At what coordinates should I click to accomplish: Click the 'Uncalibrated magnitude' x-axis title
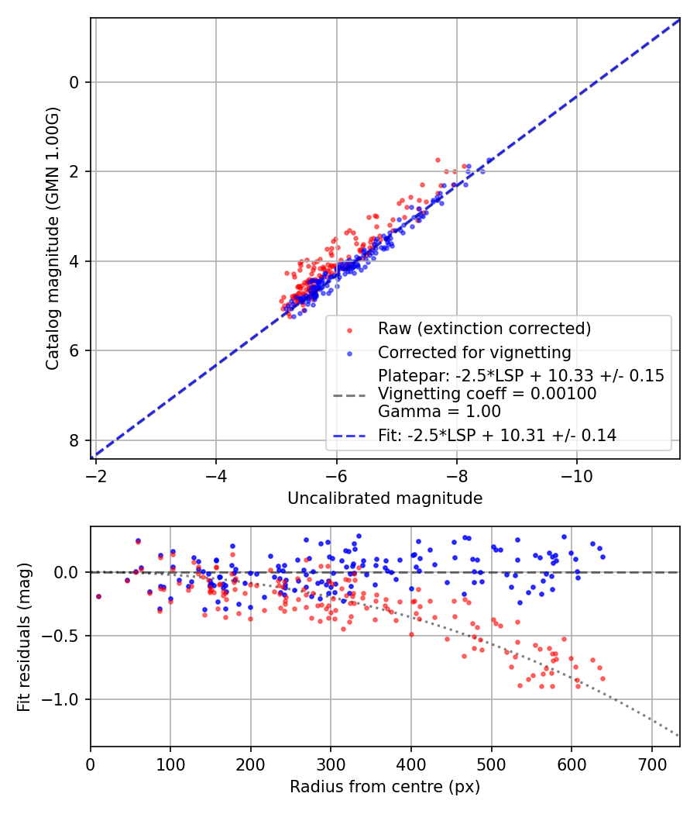pyautogui.click(x=385, y=498)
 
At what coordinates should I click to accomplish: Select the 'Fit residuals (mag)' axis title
pyautogui.click(x=24, y=637)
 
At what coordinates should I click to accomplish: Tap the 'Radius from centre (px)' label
pyautogui.click(x=385, y=787)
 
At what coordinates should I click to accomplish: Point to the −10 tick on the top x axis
pyautogui.click(x=576, y=474)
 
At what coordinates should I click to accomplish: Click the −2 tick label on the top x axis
pyautogui.click(x=95, y=474)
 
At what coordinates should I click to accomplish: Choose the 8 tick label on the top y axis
pyautogui.click(x=75, y=440)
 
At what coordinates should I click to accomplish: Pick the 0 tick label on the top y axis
pyautogui.click(x=75, y=82)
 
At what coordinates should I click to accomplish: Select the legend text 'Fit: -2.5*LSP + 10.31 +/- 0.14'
pyautogui.click(x=497, y=436)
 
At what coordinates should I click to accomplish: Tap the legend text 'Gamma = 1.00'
pyautogui.click(x=439, y=412)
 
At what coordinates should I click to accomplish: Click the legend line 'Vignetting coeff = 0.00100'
pyautogui.click(x=487, y=394)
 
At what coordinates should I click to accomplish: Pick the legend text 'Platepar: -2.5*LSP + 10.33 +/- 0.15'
pyautogui.click(x=521, y=376)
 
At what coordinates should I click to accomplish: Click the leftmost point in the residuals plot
pyautogui.click(x=98, y=596)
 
